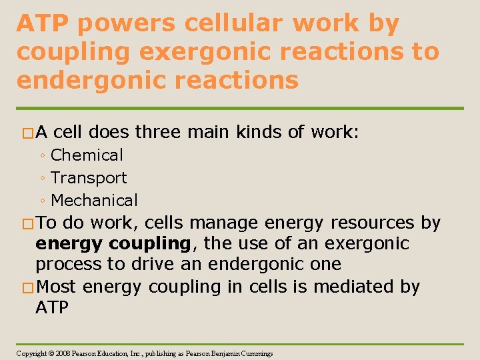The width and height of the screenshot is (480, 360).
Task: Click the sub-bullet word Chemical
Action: pos(87,155)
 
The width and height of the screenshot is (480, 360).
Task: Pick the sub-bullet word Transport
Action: pos(89,178)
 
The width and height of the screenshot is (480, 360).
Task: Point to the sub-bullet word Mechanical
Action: pos(94,200)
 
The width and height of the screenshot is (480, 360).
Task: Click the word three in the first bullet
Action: pos(159,133)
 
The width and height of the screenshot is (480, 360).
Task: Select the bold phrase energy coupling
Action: pos(113,244)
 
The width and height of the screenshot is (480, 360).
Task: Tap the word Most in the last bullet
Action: pos(57,287)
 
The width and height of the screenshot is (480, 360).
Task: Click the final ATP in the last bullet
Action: pos(52,307)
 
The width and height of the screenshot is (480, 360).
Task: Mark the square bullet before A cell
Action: pos(28,133)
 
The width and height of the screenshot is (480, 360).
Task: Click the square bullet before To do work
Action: pos(28,223)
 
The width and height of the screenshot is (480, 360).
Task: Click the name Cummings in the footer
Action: pos(255,353)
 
